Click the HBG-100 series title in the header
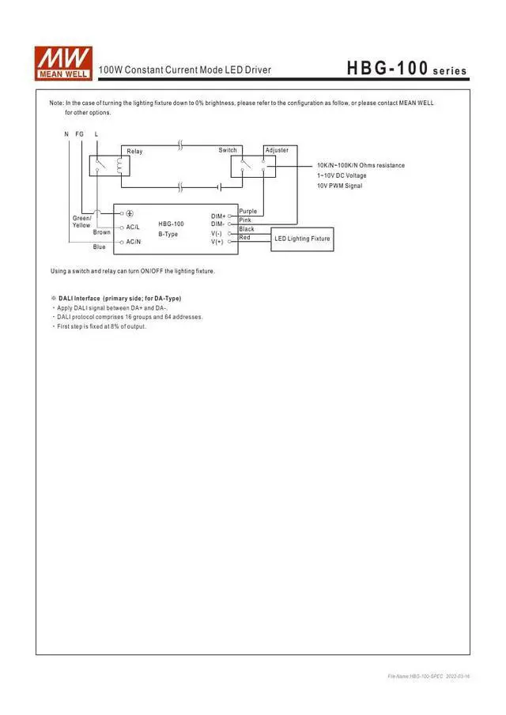pyautogui.click(x=406, y=70)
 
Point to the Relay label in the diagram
pyautogui.click(x=134, y=151)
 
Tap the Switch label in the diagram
pyautogui.click(x=228, y=150)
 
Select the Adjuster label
pyautogui.click(x=277, y=150)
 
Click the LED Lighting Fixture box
pyautogui.click(x=302, y=239)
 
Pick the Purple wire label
pyautogui.click(x=247, y=212)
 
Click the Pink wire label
pyautogui.click(x=245, y=220)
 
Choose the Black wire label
pyautogui.click(x=247, y=229)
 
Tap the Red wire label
pyautogui.click(x=244, y=238)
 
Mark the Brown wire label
pyautogui.click(x=102, y=232)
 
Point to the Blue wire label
pyautogui.click(x=99, y=247)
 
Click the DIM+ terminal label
pyautogui.click(x=218, y=216)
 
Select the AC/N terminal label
pyautogui.click(x=133, y=242)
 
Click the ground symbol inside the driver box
pyautogui.click(x=130, y=213)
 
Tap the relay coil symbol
pyautogui.click(x=119, y=164)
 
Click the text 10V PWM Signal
pyautogui.click(x=339, y=186)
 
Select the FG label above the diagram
pyautogui.click(x=79, y=134)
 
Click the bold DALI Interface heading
pyautogui.click(x=119, y=299)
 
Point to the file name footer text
pyautogui.click(x=422, y=677)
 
